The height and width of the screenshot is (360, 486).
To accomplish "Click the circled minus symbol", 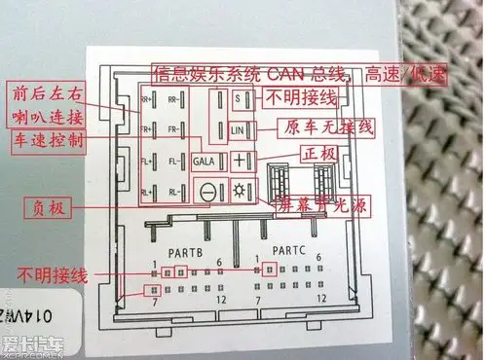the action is click(206, 192).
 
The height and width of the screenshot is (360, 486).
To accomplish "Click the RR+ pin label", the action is click(147, 100).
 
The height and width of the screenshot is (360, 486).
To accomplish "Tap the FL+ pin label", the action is click(147, 161).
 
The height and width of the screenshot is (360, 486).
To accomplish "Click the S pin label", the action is click(238, 99).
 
